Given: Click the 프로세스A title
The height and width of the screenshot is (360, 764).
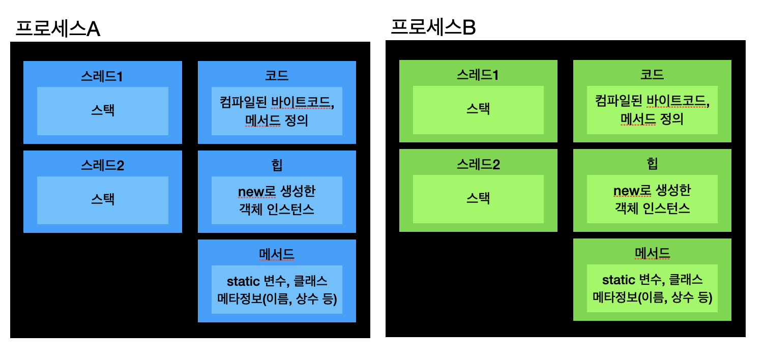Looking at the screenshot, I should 57,29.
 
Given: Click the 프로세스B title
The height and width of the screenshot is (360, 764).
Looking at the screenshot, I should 433,27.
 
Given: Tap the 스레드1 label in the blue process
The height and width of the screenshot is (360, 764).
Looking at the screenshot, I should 102,76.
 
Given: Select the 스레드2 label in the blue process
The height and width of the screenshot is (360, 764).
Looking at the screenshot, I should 102,166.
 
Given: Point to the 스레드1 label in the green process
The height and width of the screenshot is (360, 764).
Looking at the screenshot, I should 478,75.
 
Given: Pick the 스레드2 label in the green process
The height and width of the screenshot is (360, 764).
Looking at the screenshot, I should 478,165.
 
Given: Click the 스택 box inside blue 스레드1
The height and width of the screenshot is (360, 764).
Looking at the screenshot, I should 103,111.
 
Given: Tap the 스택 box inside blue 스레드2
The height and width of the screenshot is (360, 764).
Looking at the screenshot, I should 103,200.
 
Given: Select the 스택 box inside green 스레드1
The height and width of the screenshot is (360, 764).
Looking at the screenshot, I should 478,109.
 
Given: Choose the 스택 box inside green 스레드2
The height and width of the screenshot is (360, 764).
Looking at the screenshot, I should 478,199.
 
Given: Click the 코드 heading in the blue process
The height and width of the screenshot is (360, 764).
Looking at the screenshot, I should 277,76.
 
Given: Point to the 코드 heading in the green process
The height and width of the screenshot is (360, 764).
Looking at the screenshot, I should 652,75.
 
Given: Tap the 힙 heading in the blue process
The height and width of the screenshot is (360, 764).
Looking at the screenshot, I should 277,165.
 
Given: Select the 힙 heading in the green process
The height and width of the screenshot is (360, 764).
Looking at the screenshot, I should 652,164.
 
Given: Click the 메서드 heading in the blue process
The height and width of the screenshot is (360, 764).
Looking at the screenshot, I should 277,254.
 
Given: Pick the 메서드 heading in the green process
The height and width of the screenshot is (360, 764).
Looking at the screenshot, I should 652,253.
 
